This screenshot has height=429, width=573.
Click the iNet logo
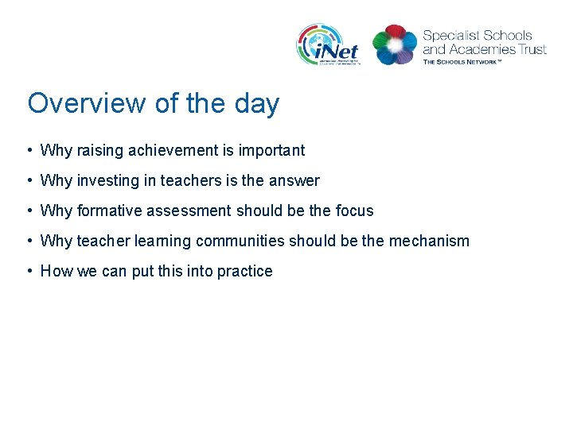[328, 44]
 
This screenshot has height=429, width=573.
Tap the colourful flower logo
[395, 44]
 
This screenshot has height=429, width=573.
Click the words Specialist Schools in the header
[477, 36]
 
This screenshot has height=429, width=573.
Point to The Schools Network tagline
[473, 61]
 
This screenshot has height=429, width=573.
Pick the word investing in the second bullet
[107, 180]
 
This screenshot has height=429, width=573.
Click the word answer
[294, 180]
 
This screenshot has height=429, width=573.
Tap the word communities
[240, 241]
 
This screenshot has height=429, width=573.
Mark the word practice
[245, 271]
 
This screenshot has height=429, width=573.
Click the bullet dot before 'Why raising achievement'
[29, 150]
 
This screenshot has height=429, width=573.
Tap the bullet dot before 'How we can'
[29, 271]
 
